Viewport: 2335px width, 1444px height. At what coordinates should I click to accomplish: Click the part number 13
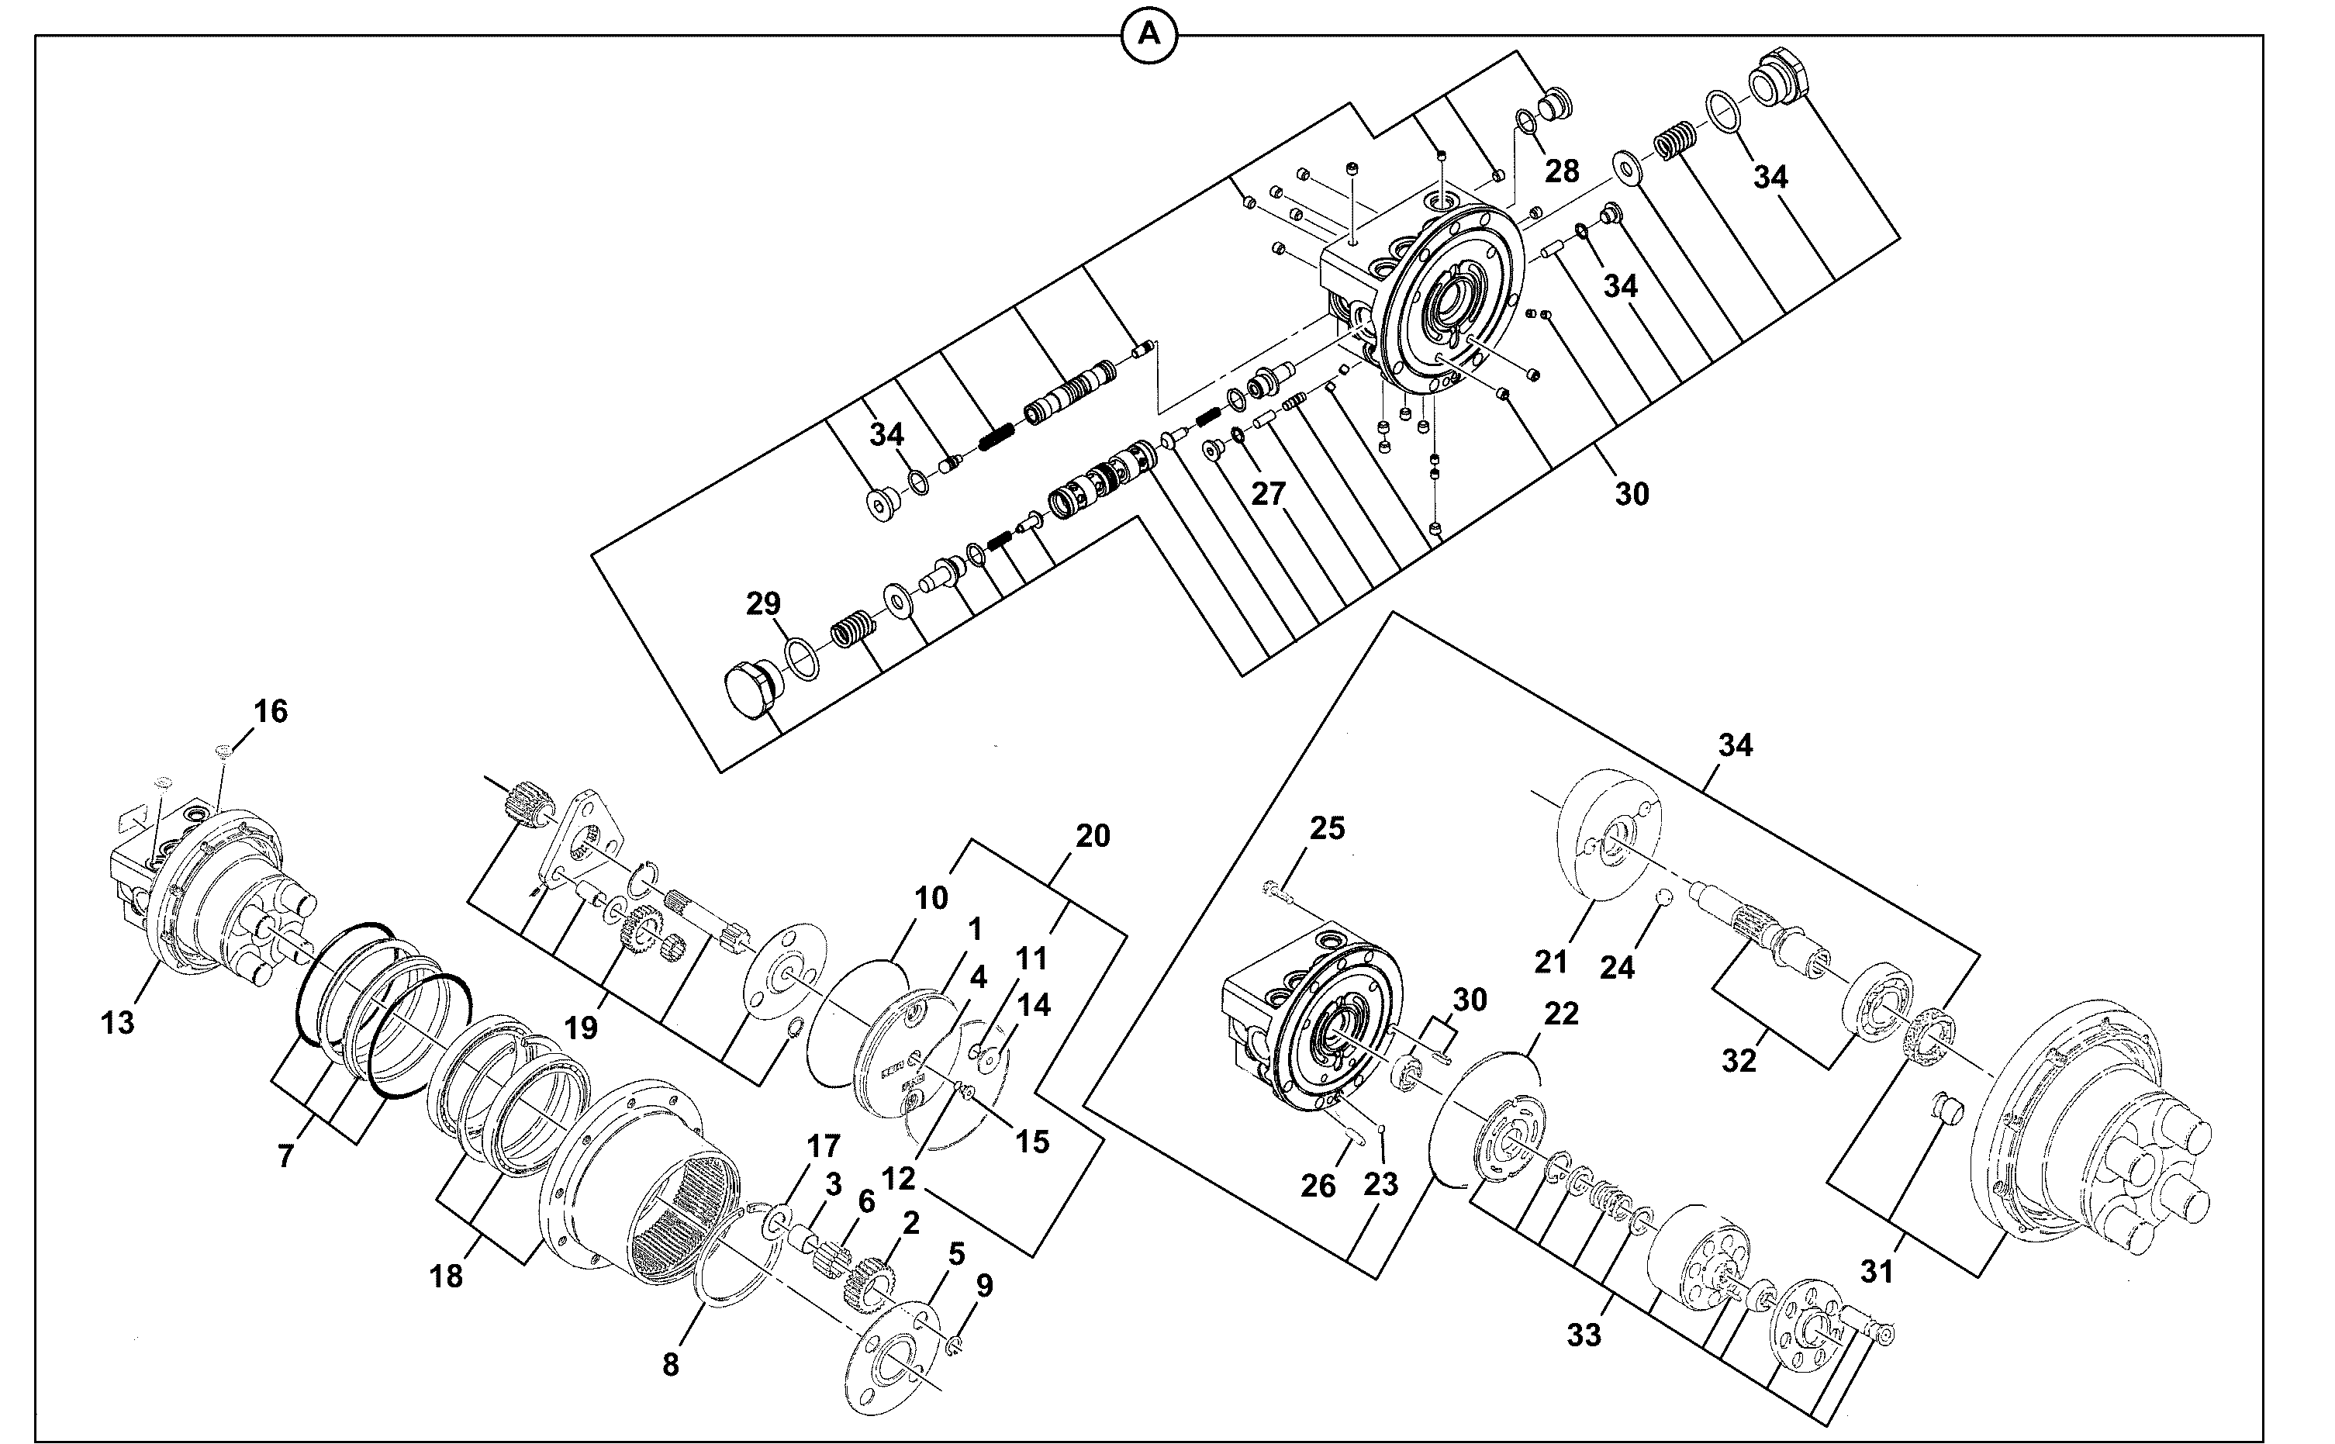pos(117,1023)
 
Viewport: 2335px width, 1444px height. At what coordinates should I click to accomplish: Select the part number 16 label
pos(271,710)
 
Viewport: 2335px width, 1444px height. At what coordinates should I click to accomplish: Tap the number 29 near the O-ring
pos(763,603)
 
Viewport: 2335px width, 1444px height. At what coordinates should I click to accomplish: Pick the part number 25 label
pos(1327,828)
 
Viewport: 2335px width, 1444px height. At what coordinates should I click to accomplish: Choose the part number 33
pos(1584,1335)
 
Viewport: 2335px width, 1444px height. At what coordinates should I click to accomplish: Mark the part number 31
pos(1877,1271)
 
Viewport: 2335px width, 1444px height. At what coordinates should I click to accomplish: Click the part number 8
pos(671,1365)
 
